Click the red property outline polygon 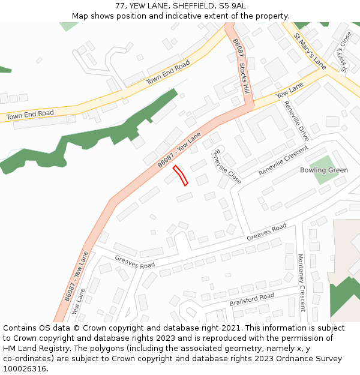pos(181,176)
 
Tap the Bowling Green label pos(324,170)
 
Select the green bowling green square pos(323,169)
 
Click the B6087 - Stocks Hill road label pos(241,67)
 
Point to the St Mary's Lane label pos(310,51)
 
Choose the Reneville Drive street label pos(296,121)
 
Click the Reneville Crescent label pos(283,160)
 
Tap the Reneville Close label pos(227,166)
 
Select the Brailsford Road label pos(252,299)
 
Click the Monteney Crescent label pos(301,283)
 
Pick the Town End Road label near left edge pos(30,114)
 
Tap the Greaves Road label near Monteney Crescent pos(266,233)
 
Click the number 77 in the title pos(121,6)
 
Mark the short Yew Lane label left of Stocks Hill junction pos(290,92)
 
